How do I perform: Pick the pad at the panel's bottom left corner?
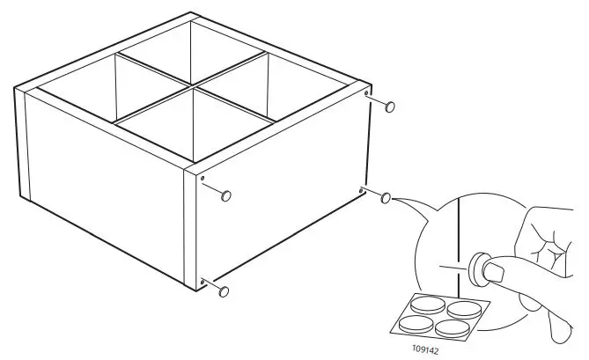coord(225,290)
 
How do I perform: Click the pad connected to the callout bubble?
coord(386,199)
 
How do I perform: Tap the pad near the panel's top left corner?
coord(226,195)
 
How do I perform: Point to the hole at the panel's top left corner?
coord(203,180)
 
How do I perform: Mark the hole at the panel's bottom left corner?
coord(203,281)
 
